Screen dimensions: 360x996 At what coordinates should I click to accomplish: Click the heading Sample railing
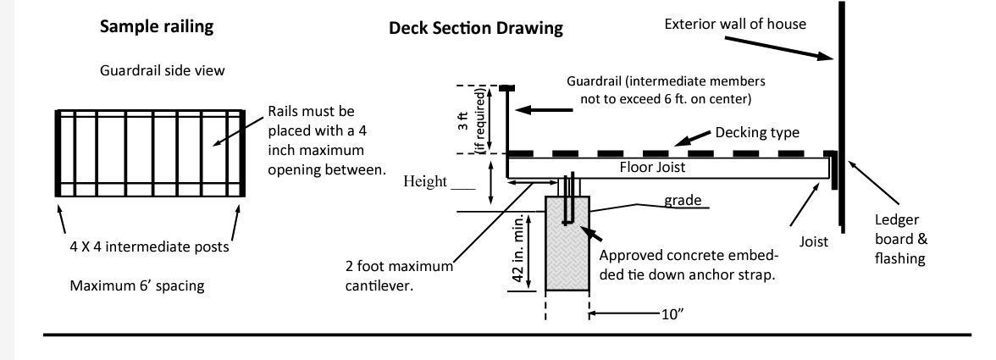point(157,26)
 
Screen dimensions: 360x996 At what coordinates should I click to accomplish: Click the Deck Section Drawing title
point(476,28)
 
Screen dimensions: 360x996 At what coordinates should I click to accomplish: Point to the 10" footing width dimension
point(672,313)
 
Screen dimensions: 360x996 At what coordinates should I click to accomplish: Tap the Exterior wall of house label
point(734,24)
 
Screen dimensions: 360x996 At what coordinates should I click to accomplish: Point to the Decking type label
point(758,132)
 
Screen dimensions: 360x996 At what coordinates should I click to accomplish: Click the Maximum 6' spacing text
point(136,285)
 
